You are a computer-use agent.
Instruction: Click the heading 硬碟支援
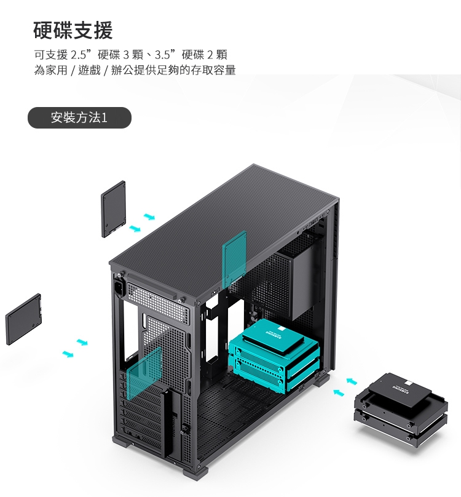tap(73, 30)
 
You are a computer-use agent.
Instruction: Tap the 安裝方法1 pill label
tap(79, 117)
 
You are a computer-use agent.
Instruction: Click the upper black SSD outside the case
tap(114, 209)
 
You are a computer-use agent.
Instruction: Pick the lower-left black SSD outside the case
tap(24, 319)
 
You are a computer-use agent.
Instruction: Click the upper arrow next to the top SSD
tap(149, 217)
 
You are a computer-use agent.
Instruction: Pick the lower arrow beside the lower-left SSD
tap(68, 354)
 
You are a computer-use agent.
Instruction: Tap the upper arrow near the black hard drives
tap(351, 381)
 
